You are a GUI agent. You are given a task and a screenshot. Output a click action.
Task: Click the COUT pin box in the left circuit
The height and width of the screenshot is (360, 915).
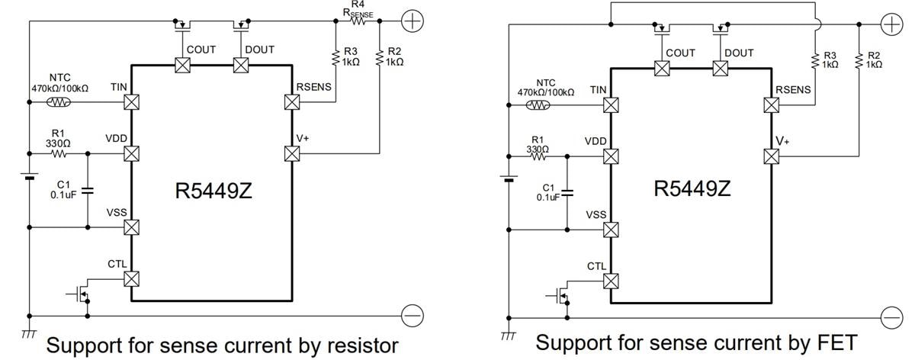point(182,66)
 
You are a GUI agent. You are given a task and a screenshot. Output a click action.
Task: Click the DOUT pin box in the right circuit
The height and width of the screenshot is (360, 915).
point(719,69)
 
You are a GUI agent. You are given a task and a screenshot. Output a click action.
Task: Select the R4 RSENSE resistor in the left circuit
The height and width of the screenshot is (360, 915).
point(357,22)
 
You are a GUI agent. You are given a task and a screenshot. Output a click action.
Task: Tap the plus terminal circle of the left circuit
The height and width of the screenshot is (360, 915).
point(411,21)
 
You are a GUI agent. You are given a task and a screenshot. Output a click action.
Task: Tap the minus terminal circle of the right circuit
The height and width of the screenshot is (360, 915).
point(891,317)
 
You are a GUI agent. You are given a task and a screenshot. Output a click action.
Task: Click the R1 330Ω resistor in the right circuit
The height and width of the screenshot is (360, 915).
point(538,157)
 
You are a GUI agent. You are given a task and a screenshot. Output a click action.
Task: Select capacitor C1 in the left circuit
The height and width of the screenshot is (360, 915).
point(87,190)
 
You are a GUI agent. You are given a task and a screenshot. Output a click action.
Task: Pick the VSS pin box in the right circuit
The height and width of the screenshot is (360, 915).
point(611,229)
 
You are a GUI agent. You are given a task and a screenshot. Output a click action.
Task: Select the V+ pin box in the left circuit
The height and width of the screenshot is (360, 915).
point(291,153)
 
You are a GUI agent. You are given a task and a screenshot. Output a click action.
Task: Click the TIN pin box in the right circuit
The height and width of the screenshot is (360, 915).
point(611,104)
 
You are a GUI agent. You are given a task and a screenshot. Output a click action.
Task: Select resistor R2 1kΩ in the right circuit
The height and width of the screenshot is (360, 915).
point(859,61)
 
